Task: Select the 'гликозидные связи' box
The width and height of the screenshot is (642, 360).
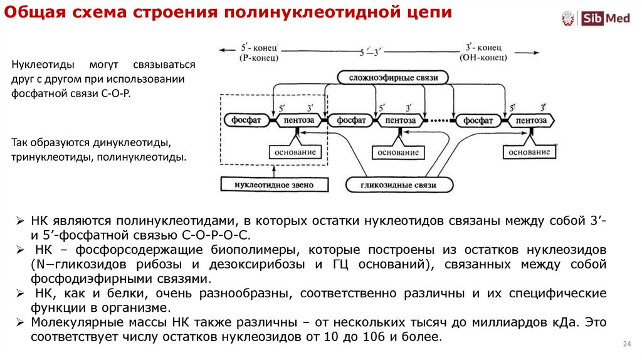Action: [399, 185]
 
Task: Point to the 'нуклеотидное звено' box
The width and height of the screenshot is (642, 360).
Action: [274, 185]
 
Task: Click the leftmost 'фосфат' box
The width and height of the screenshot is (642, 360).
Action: [246, 120]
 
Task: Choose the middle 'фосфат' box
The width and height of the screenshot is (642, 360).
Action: [351, 120]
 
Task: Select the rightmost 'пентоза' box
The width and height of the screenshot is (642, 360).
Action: [531, 120]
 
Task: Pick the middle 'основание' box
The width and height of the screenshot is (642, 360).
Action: [399, 152]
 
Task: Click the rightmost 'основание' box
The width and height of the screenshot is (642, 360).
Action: [529, 152]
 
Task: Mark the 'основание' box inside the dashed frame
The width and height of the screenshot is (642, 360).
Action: [296, 152]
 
